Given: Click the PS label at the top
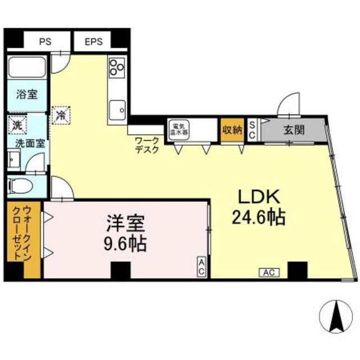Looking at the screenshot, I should [44, 41].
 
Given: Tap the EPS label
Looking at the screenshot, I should [94, 41].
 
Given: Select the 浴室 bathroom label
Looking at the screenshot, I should [26, 94].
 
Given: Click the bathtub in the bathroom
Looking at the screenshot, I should [26, 69].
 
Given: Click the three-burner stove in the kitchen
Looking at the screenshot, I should [117, 69].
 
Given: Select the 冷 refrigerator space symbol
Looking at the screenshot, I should [60, 115].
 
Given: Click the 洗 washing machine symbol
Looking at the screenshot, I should [15, 124].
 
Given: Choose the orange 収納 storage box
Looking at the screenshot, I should [231, 130].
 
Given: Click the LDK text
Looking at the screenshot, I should [258, 197].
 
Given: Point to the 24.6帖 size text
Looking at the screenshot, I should [258, 217].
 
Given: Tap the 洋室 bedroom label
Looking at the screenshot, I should [127, 224].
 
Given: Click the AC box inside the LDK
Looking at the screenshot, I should [269, 273].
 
